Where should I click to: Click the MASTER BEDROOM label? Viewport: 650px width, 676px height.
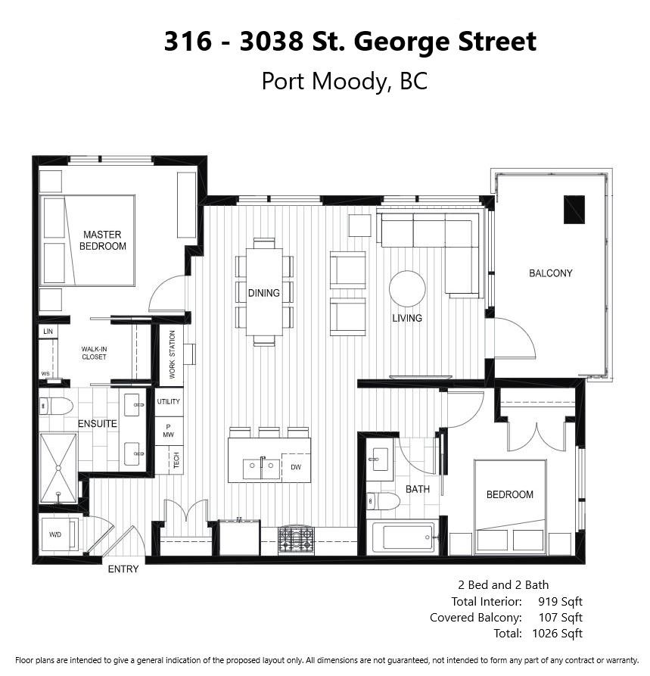(x=103, y=240)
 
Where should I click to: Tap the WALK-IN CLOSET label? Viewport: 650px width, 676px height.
(x=94, y=353)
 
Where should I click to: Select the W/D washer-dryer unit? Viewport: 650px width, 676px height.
(x=61, y=534)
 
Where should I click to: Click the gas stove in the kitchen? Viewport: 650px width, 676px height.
(x=296, y=540)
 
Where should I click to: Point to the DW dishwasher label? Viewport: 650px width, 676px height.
(x=296, y=467)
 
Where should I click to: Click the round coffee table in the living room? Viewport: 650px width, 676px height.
(x=407, y=289)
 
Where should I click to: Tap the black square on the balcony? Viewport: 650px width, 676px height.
(x=574, y=210)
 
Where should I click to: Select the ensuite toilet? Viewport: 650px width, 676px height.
(x=56, y=406)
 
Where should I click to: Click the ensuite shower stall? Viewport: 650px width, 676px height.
(x=58, y=468)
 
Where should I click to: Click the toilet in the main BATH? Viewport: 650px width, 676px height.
(x=383, y=501)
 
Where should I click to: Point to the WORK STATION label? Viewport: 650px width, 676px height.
(x=172, y=354)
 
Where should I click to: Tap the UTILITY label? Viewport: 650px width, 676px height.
(x=168, y=401)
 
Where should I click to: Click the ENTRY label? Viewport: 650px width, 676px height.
(x=123, y=569)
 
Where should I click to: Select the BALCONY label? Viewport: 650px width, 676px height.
(x=550, y=273)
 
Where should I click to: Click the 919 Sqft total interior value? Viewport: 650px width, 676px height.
(x=560, y=601)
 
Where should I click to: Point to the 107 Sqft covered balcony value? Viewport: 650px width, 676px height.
(x=561, y=618)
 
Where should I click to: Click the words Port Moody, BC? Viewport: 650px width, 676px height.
(x=344, y=81)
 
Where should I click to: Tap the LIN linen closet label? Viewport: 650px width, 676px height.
(x=48, y=331)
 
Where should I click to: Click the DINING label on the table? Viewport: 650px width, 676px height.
(x=264, y=293)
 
